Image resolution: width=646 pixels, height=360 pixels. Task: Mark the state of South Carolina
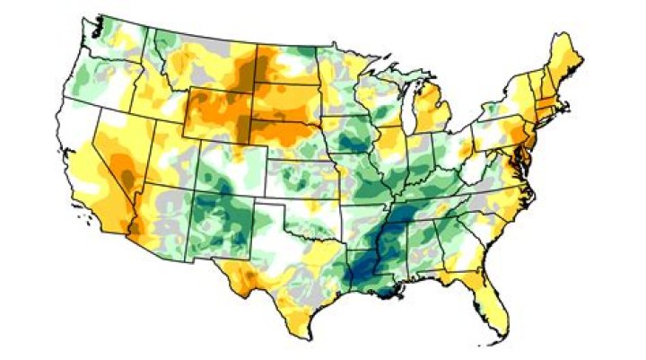click(x=485, y=224)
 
